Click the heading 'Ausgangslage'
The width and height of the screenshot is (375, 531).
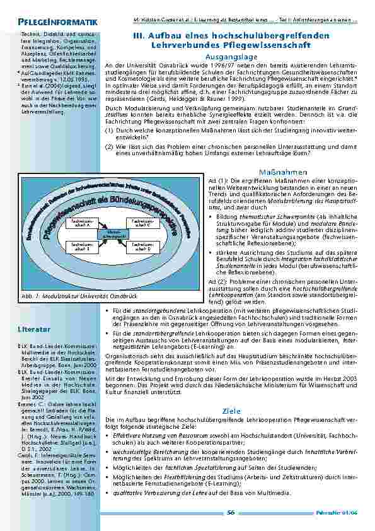[228, 57]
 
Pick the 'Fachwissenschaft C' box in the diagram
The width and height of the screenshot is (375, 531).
[139, 223]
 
